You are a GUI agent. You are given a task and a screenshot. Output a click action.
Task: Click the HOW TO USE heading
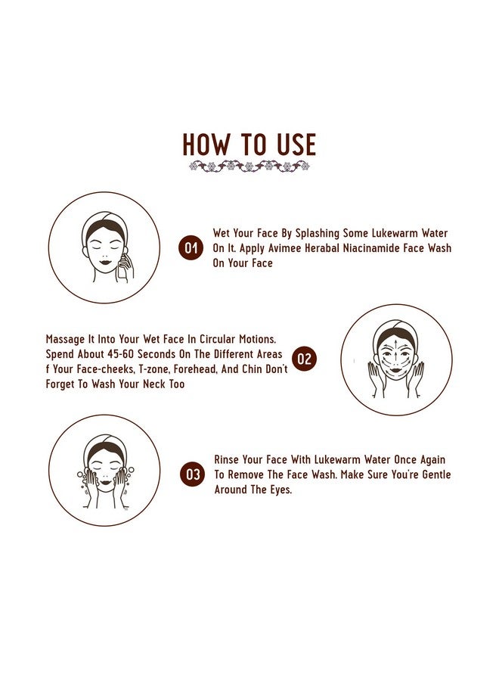click(x=249, y=145)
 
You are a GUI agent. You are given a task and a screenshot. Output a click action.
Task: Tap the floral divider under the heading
click(x=249, y=166)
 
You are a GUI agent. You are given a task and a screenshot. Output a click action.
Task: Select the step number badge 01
click(x=191, y=247)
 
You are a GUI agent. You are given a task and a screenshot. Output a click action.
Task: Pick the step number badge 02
click(x=305, y=359)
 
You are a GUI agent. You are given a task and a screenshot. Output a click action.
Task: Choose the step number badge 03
click(x=192, y=474)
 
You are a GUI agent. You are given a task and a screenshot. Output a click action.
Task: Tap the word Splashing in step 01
click(x=318, y=234)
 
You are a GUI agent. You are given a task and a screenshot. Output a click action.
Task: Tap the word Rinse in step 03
click(x=227, y=459)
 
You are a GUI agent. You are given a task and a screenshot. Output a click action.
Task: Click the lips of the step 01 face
click(x=105, y=262)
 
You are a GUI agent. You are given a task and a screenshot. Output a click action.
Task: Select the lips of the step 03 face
click(x=105, y=482)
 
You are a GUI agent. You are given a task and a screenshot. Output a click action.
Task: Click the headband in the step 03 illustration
click(x=104, y=441)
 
